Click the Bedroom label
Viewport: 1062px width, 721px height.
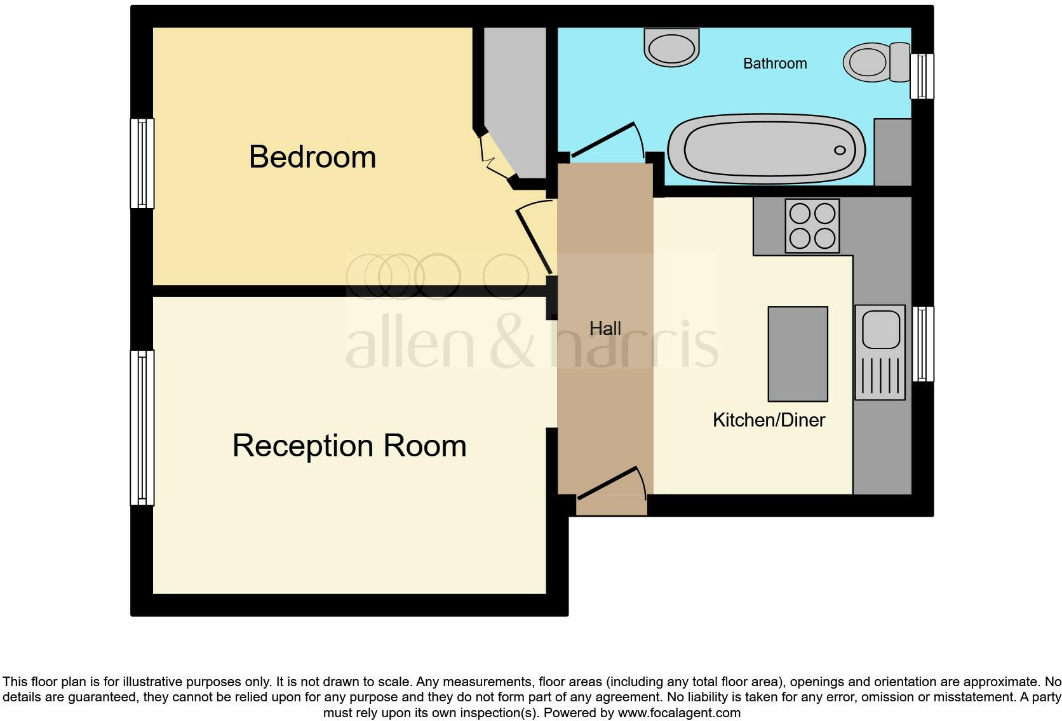click(313, 157)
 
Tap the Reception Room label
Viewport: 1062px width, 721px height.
click(349, 446)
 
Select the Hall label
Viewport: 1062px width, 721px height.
click(605, 329)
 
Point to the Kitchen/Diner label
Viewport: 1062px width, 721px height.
click(769, 420)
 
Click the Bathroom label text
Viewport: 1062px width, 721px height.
click(775, 63)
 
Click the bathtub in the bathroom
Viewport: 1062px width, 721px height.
click(767, 150)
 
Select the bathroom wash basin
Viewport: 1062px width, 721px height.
click(671, 47)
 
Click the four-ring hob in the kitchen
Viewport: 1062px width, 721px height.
click(812, 226)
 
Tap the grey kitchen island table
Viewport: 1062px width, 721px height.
click(798, 354)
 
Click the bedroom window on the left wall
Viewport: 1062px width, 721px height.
click(142, 164)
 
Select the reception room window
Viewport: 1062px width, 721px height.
click(142, 428)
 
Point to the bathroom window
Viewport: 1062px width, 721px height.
click(922, 76)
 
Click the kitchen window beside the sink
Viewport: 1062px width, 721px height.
click(923, 344)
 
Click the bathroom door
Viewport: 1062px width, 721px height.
click(603, 140)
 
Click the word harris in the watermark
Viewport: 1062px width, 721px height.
click(635, 346)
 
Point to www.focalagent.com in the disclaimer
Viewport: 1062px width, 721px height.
click(679, 713)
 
